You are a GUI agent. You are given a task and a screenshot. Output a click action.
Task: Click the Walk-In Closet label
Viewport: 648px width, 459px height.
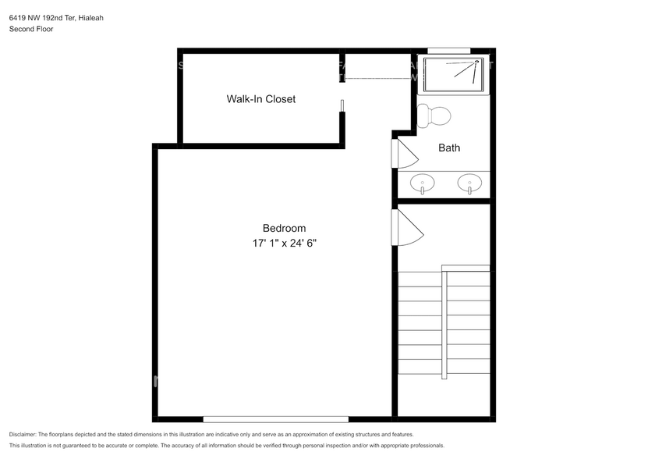click(x=260, y=99)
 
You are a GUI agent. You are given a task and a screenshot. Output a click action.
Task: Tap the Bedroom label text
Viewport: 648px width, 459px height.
click(x=284, y=228)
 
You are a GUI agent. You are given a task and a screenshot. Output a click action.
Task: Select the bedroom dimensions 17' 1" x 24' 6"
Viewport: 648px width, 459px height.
click(x=284, y=243)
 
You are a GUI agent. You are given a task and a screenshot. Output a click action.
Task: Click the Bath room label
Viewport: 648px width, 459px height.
click(x=449, y=148)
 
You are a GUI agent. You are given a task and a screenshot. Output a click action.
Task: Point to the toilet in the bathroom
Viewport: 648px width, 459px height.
click(x=434, y=116)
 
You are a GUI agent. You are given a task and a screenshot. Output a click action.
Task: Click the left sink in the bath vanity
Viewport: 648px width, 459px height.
click(x=423, y=184)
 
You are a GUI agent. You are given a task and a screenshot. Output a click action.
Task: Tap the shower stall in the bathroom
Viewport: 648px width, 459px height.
click(x=454, y=74)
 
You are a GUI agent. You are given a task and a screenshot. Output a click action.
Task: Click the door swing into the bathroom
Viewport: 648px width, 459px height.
click(x=406, y=153)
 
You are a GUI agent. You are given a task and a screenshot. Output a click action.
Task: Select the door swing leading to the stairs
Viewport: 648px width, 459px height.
click(x=407, y=228)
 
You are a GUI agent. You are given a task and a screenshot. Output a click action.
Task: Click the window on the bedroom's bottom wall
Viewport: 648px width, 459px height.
click(x=276, y=419)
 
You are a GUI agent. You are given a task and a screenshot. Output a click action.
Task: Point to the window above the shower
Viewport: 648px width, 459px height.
click(x=449, y=51)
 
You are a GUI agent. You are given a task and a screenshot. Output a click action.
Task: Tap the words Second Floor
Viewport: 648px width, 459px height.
click(x=31, y=29)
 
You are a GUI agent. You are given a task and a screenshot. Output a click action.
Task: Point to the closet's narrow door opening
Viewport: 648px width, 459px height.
click(x=342, y=107)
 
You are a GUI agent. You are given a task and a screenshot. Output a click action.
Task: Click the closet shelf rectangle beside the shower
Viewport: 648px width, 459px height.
click(x=377, y=66)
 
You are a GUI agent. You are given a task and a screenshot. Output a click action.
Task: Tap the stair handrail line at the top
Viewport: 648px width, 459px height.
click(x=466, y=268)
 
